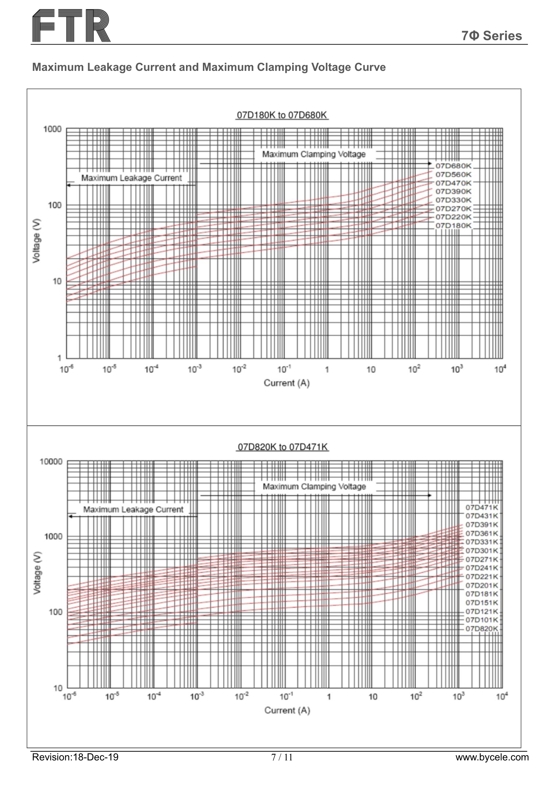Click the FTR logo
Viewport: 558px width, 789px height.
(x=71, y=26)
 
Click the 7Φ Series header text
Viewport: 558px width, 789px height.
(x=491, y=36)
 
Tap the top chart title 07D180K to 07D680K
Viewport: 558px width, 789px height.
(x=282, y=115)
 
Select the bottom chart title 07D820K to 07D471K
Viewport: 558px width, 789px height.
(x=282, y=447)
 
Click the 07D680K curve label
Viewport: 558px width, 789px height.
(x=453, y=166)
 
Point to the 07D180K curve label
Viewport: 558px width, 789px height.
(x=453, y=225)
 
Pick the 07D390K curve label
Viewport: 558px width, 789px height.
(x=453, y=191)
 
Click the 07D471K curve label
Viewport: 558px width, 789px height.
(x=481, y=507)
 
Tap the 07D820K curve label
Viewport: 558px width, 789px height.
(x=481, y=628)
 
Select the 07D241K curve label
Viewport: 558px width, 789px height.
(x=481, y=568)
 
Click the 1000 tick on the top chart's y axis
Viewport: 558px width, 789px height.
(x=52, y=129)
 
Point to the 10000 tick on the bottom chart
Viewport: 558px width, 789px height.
(x=51, y=461)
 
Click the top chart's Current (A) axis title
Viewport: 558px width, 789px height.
(x=286, y=383)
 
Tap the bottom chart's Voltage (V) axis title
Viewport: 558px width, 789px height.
(x=37, y=572)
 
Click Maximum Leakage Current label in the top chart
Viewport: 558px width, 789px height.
(x=131, y=178)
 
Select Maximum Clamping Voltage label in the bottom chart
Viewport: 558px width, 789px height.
(x=314, y=486)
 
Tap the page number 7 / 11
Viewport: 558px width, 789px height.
(x=282, y=757)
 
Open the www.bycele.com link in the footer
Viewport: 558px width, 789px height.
(x=492, y=757)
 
